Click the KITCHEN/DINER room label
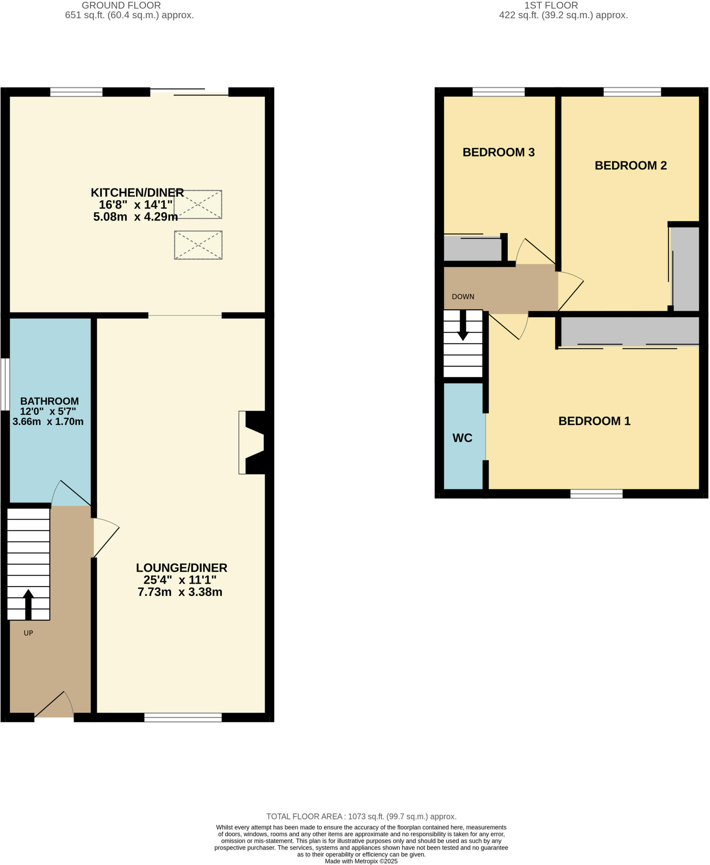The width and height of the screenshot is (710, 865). click(x=137, y=193)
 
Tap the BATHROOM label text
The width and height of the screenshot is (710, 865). click(x=49, y=401)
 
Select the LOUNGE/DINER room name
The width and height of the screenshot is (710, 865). click(x=182, y=567)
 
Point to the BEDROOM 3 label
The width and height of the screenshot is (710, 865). click(x=498, y=152)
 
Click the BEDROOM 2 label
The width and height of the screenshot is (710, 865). click(x=630, y=165)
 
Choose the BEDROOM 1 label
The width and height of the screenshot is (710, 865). click(x=594, y=421)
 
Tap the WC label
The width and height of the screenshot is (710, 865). click(x=462, y=438)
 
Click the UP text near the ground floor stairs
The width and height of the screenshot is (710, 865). click(x=28, y=633)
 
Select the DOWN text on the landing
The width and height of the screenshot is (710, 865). click(x=463, y=296)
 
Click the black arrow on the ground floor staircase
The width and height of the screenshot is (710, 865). click(x=28, y=604)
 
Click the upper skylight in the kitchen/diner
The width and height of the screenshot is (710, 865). click(x=198, y=204)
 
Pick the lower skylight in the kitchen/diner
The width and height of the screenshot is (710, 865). click(x=198, y=245)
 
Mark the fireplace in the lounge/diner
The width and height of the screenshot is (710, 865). click(x=253, y=442)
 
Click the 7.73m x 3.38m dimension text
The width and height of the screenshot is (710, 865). click(x=180, y=592)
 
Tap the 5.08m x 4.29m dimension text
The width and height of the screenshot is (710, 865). click(x=135, y=217)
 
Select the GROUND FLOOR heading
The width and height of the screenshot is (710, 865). click(x=121, y=5)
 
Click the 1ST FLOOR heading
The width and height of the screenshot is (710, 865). click(x=551, y=5)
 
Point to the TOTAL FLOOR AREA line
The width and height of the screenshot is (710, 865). click(x=361, y=816)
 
